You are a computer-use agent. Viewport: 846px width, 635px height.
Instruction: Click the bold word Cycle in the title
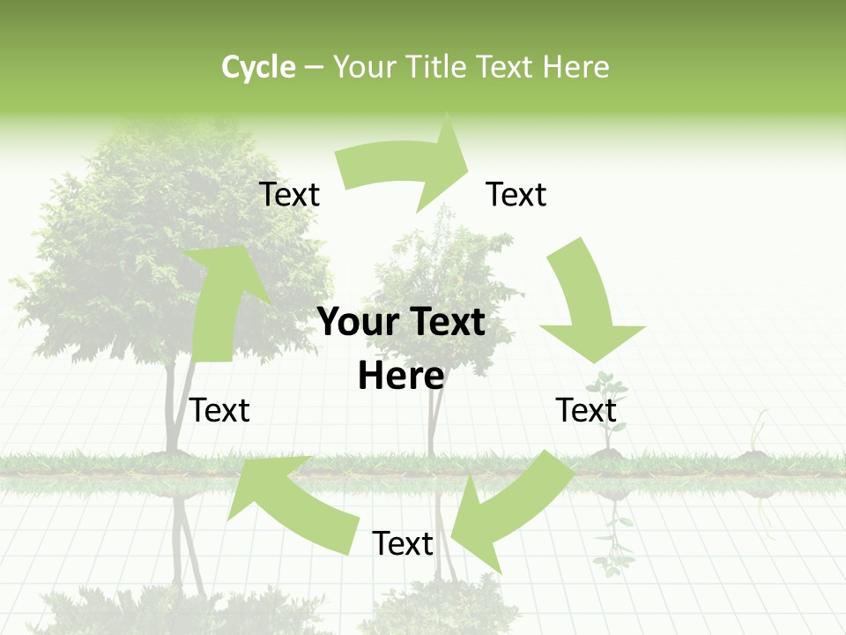coord(258,67)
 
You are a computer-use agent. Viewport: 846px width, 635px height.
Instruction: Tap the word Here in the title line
coord(576,67)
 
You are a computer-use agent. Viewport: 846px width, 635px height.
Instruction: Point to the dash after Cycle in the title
coord(314,68)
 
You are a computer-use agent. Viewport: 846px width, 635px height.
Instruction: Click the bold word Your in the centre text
coord(356,323)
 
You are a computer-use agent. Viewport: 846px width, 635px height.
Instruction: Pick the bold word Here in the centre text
coord(401,377)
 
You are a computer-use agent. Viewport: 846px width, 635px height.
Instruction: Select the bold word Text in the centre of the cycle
coord(443,323)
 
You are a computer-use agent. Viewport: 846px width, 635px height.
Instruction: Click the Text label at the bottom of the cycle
coord(403,544)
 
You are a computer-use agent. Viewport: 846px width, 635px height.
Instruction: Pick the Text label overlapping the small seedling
coord(586,410)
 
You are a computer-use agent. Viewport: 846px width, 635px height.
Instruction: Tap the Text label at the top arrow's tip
coord(516,194)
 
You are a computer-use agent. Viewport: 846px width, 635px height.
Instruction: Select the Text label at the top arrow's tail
coord(289,194)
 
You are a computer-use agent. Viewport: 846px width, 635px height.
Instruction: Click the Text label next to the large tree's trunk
coord(219,410)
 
